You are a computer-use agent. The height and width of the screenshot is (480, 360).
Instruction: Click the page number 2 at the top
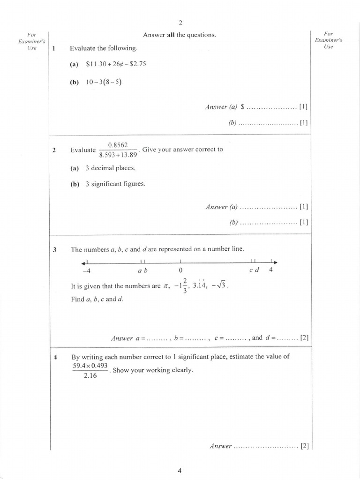[x=180, y=22]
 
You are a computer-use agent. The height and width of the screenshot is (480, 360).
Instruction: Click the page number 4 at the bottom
[x=180, y=472]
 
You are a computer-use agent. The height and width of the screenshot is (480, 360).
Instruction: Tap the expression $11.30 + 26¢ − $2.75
[x=116, y=64]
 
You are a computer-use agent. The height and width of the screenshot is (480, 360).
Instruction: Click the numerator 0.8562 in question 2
[x=118, y=145]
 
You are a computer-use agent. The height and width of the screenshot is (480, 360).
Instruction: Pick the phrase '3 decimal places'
[x=111, y=168]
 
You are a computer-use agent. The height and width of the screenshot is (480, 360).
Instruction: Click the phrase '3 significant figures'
[x=115, y=184]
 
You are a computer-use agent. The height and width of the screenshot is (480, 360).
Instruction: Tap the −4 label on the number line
[x=85, y=270]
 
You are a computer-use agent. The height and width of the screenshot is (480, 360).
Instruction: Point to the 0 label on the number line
[x=180, y=270]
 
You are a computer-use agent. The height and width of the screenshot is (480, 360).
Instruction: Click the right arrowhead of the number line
[x=276, y=262]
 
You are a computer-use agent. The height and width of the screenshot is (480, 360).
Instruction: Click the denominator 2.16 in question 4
[x=90, y=375]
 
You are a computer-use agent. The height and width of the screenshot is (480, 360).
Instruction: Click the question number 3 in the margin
[x=55, y=250]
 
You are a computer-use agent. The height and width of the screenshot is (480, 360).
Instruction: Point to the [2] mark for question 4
[x=305, y=446]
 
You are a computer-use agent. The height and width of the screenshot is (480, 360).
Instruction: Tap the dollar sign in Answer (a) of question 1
[x=242, y=107]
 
